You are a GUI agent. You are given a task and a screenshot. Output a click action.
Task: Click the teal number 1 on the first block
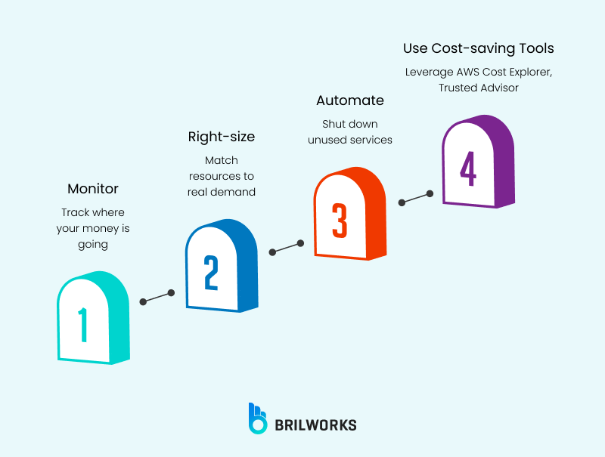coord(82,325)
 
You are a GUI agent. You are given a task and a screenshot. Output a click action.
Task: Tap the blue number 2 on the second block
coord(211,273)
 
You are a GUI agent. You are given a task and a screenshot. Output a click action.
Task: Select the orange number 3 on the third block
coord(340,221)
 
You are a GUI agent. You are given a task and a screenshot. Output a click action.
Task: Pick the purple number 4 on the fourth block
coord(467,168)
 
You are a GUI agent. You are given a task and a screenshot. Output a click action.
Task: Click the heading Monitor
coord(93,189)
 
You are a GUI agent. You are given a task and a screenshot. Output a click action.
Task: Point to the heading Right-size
coord(221,137)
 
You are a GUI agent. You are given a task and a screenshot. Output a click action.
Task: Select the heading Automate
coord(350,100)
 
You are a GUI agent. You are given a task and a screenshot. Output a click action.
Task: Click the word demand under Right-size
coord(236,192)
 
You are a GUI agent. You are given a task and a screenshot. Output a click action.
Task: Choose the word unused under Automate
coord(327,140)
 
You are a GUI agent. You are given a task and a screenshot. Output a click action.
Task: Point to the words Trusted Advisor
coord(478,88)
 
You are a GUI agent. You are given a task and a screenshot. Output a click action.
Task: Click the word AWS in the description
coord(467,72)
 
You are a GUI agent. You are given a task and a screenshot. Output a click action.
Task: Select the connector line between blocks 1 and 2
coord(157,297)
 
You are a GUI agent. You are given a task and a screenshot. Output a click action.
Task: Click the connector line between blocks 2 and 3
coord(286,247)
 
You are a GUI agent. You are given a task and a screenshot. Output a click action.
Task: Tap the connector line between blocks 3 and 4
coord(415,198)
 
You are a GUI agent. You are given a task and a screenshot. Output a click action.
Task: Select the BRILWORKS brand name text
coord(315,425)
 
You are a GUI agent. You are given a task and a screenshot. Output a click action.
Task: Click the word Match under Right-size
coord(221,160)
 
